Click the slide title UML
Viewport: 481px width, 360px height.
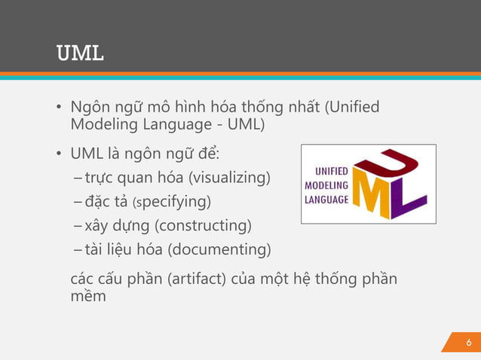[x=80, y=54]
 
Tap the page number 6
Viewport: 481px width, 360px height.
[x=468, y=343]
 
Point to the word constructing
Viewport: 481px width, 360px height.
[x=204, y=225]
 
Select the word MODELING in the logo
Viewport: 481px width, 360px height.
[x=326, y=185]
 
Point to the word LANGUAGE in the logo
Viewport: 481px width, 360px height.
[x=326, y=200]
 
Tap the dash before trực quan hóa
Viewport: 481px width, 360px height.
[x=79, y=178]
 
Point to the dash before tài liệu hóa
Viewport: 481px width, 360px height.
[x=79, y=249]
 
